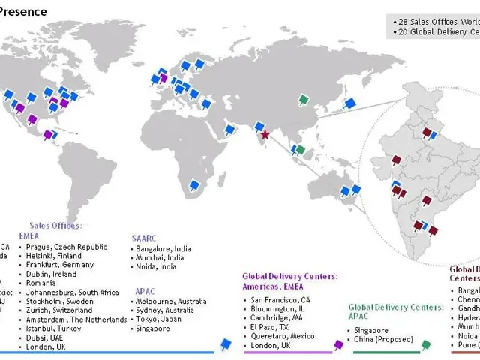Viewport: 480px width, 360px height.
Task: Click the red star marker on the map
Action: click(264, 136)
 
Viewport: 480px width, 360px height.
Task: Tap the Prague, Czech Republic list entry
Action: click(67, 247)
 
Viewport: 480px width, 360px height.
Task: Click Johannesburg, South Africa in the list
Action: click(72, 292)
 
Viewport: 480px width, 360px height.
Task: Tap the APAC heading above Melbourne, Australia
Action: click(145, 289)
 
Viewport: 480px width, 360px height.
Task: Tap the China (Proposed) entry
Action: click(384, 340)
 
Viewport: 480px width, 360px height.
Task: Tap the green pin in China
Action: click(303, 100)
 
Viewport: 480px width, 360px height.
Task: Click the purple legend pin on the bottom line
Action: click(338, 344)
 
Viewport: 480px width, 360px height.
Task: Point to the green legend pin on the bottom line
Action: click(426, 344)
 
